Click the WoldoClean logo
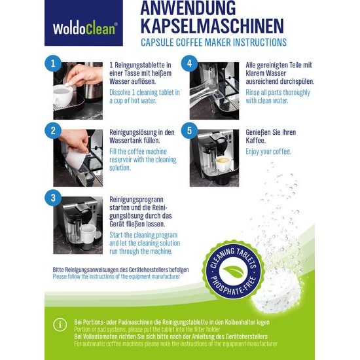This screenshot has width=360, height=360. point(84,23)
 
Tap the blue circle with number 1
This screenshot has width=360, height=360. point(53,63)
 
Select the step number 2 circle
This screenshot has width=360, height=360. point(53,131)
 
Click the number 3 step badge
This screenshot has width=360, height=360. point(53,198)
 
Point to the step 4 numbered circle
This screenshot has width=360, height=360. point(189,63)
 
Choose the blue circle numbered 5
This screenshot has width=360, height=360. point(189,131)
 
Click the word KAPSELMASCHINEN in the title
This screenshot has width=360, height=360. point(212,26)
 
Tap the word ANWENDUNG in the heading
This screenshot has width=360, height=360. point(188,8)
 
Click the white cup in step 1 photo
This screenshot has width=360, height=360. point(63,94)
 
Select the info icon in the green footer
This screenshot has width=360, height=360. point(60,325)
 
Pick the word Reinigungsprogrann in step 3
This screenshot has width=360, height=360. point(136,200)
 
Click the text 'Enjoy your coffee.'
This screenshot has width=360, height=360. point(268,152)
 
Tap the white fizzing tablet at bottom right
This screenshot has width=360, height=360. point(277,296)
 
